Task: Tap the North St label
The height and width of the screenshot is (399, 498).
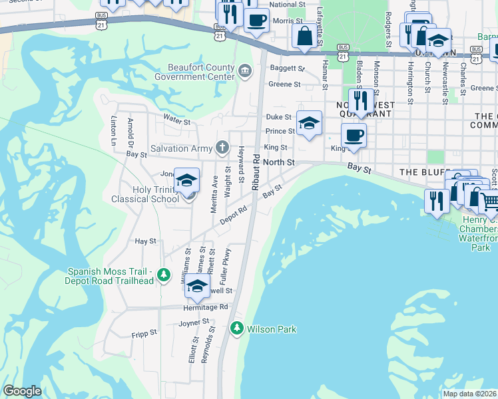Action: (278, 162)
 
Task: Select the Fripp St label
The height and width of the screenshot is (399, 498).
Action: (144, 333)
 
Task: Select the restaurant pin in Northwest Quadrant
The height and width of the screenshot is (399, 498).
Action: (361, 100)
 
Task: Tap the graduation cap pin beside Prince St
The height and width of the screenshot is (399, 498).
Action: (309, 123)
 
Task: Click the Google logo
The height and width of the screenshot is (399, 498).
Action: (23, 391)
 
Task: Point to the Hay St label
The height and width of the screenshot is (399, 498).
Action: (145, 241)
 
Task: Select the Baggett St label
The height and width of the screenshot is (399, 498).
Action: (286, 68)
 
